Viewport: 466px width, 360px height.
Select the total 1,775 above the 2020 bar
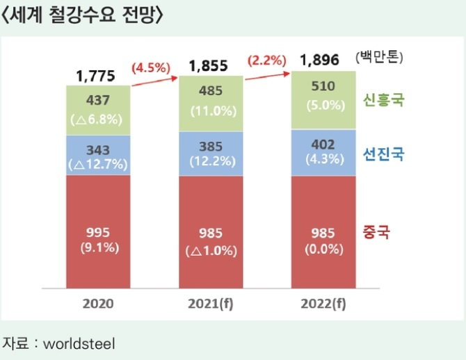click(98, 74)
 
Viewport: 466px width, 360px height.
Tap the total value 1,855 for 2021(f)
click(211, 66)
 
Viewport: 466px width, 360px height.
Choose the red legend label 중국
click(376, 231)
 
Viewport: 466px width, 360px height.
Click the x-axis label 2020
click(98, 304)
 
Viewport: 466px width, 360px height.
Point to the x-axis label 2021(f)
click(211, 304)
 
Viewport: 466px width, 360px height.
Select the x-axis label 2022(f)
click(322, 304)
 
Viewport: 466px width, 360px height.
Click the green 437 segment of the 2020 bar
click(98, 110)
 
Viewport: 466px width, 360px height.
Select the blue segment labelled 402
click(322, 151)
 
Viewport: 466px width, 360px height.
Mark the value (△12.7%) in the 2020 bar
click(98, 165)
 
